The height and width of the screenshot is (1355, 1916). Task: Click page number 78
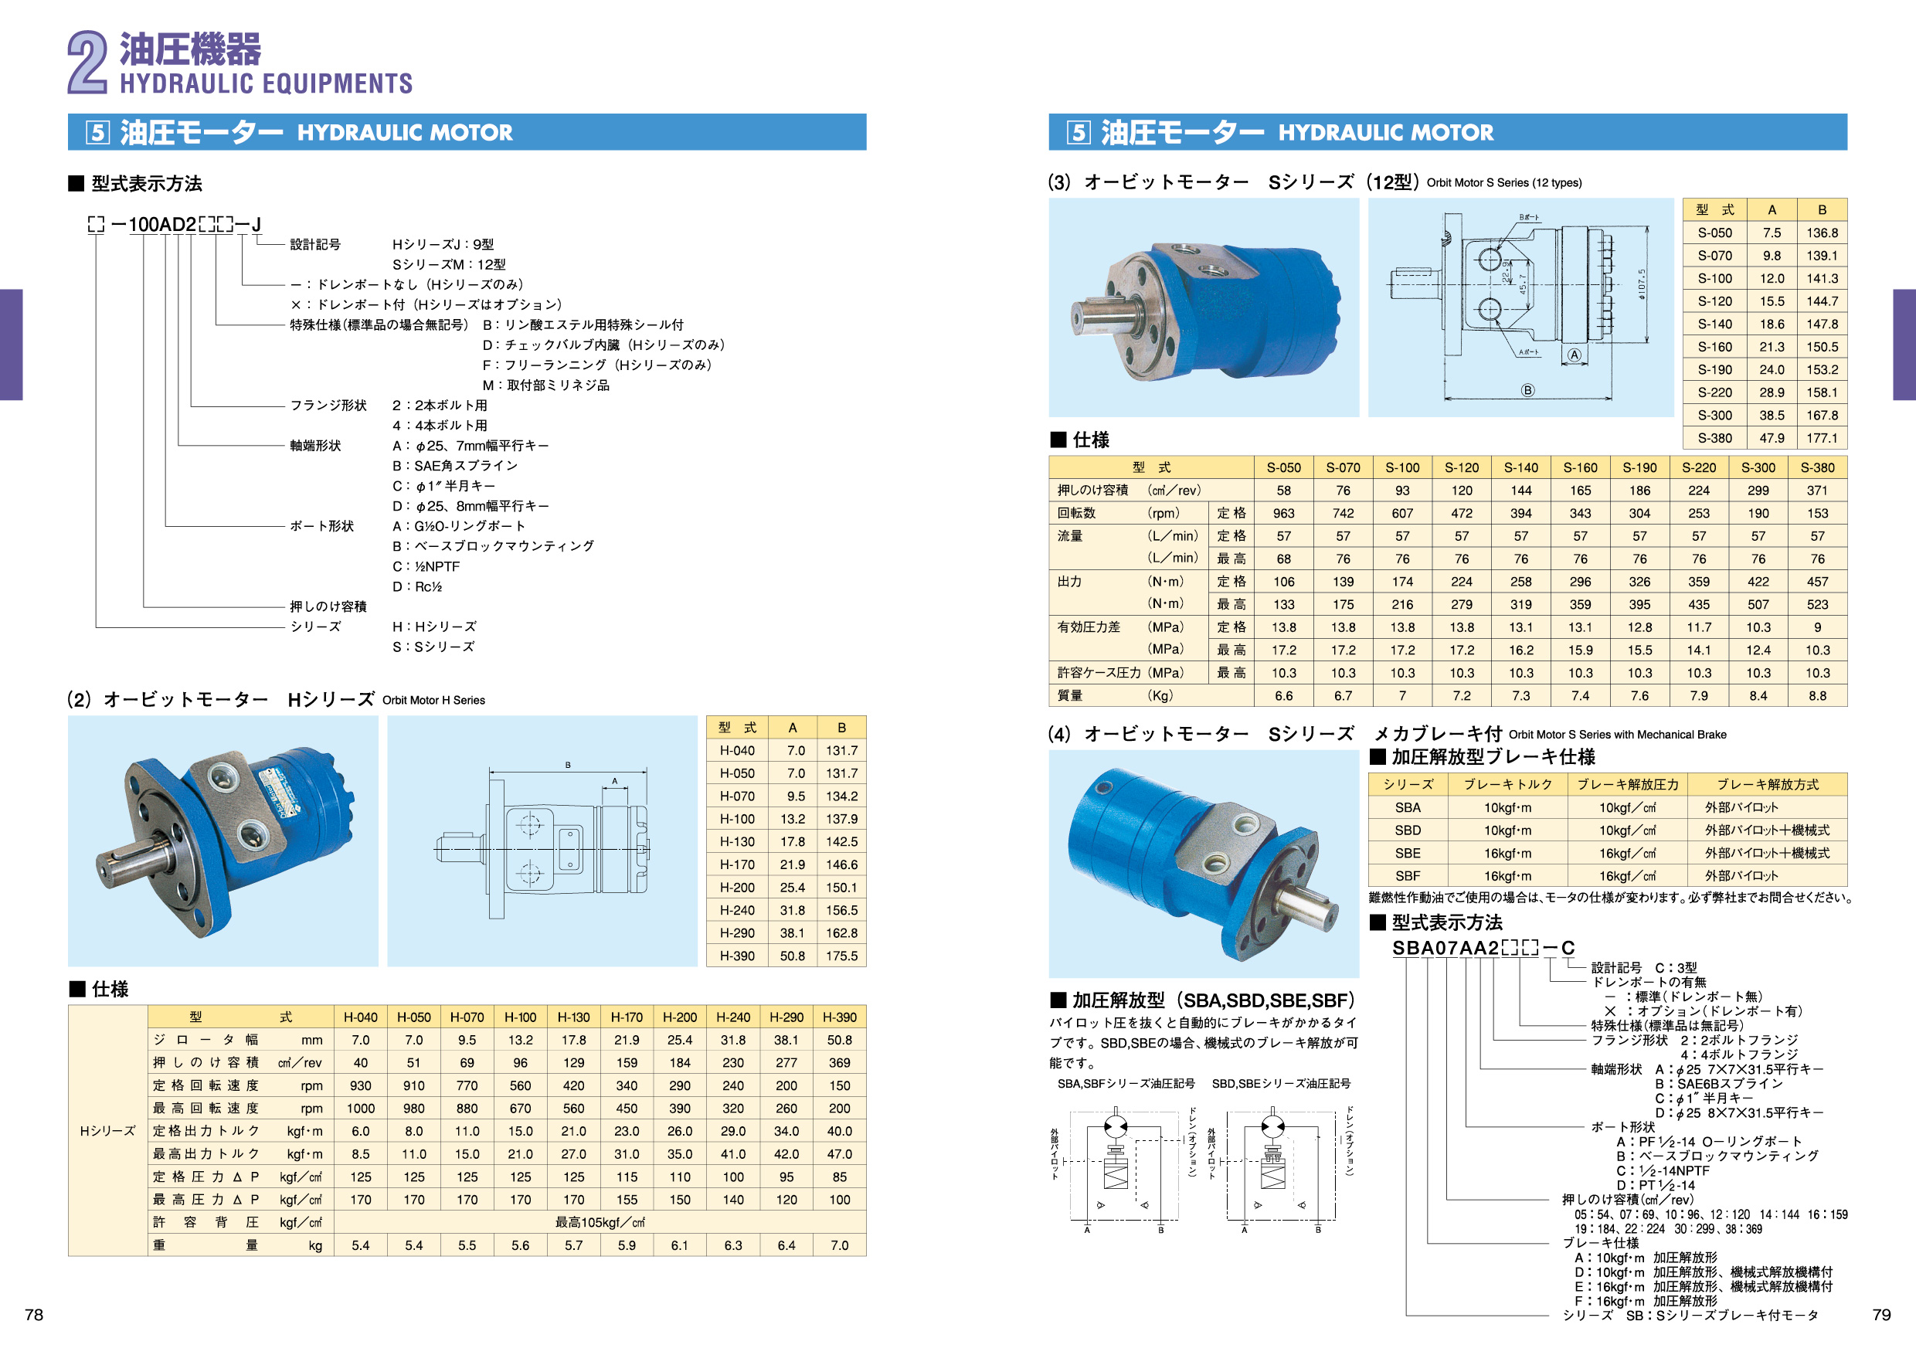(x=33, y=1315)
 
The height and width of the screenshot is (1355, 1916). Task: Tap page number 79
(x=1881, y=1315)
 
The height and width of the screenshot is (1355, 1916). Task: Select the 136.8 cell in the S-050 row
(x=1822, y=233)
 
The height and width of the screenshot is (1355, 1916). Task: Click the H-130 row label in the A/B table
(x=737, y=842)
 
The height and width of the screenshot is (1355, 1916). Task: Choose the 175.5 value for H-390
(x=841, y=956)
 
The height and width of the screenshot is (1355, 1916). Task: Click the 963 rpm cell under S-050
(x=1283, y=513)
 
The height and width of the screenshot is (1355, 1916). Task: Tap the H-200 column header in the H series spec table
(x=679, y=1017)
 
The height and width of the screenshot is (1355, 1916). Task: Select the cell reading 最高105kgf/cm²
(x=600, y=1222)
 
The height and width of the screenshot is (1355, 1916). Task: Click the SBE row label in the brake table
(x=1407, y=854)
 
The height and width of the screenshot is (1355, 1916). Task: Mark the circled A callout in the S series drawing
(x=1574, y=355)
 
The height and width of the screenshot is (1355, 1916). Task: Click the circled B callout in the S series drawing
(x=1527, y=389)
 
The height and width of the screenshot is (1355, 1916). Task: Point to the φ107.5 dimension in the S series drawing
(x=1642, y=284)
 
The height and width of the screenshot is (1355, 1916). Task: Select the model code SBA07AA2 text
(x=1445, y=948)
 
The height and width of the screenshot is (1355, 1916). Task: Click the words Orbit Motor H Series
(x=433, y=700)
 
